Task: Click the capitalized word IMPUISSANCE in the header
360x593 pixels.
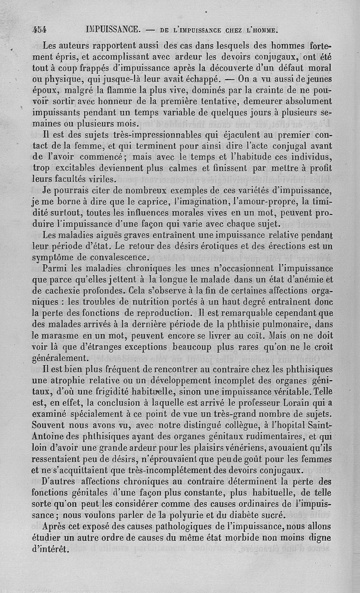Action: [112, 30]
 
